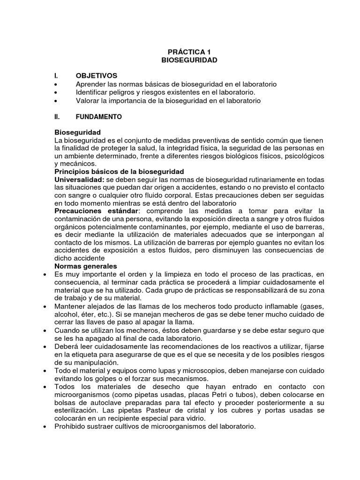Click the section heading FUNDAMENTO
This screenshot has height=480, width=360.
coord(99,117)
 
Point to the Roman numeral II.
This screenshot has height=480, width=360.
coord(58,117)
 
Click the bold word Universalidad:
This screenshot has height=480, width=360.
coord(79,180)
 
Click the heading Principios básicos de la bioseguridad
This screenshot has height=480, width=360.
coord(119,172)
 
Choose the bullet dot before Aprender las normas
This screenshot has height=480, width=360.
coord(56,84)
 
